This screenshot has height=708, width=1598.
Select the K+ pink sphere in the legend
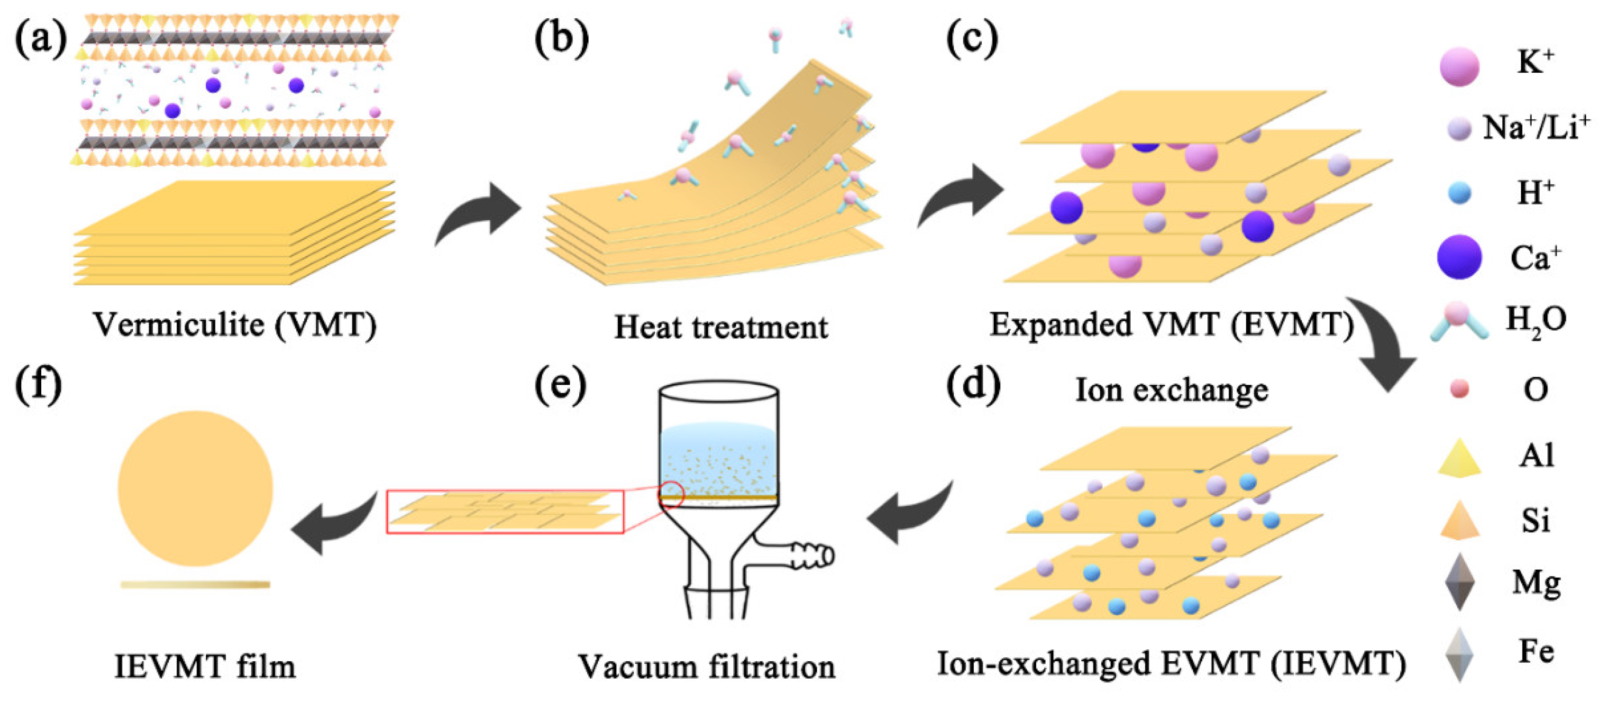pyautogui.click(x=1459, y=66)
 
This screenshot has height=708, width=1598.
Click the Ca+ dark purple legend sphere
pyautogui.click(x=1459, y=257)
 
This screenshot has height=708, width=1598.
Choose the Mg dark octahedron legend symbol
pyautogui.click(x=1459, y=582)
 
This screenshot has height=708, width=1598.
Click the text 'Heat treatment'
pyautogui.click(x=720, y=327)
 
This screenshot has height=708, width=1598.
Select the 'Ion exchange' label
pyautogui.click(x=1171, y=390)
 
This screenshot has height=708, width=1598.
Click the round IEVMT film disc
pyautogui.click(x=195, y=488)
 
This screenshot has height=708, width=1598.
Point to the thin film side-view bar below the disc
pyautogui.click(x=195, y=585)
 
